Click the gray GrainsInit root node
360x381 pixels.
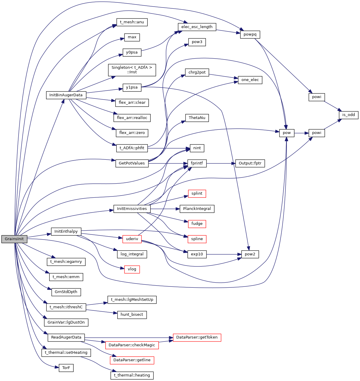point(14,239)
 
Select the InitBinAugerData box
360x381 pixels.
point(66,95)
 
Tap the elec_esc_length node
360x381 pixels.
point(197,27)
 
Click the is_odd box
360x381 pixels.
point(349,115)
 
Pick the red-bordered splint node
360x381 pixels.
point(197,193)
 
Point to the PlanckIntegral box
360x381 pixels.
point(197,209)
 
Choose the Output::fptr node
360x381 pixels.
point(250,163)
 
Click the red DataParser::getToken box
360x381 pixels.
point(197,337)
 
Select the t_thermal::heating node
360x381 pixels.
point(132,375)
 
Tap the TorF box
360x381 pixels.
point(66,368)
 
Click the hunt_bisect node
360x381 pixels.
point(132,315)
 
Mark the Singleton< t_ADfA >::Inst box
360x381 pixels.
point(132,70)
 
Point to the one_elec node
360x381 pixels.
point(250,80)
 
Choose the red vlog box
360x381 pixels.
point(132,269)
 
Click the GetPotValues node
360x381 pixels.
point(132,163)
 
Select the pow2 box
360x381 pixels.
point(250,254)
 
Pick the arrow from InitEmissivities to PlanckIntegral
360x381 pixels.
point(165,209)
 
